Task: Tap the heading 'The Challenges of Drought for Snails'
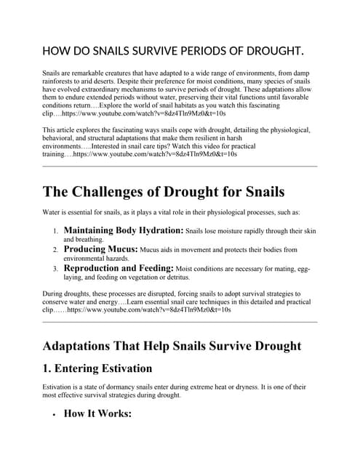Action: tap(164, 192)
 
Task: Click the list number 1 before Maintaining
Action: tap(55, 231)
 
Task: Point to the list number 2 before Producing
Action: tap(55, 250)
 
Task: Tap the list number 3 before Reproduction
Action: tap(55, 269)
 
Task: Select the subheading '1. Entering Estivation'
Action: tap(97, 368)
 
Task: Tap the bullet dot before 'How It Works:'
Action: tap(54, 415)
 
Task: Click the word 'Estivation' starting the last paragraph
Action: tap(59, 387)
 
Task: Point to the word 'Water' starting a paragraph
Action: tap(52, 212)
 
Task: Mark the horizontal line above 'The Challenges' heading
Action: tap(180, 166)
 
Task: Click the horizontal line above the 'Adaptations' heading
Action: tap(180, 322)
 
